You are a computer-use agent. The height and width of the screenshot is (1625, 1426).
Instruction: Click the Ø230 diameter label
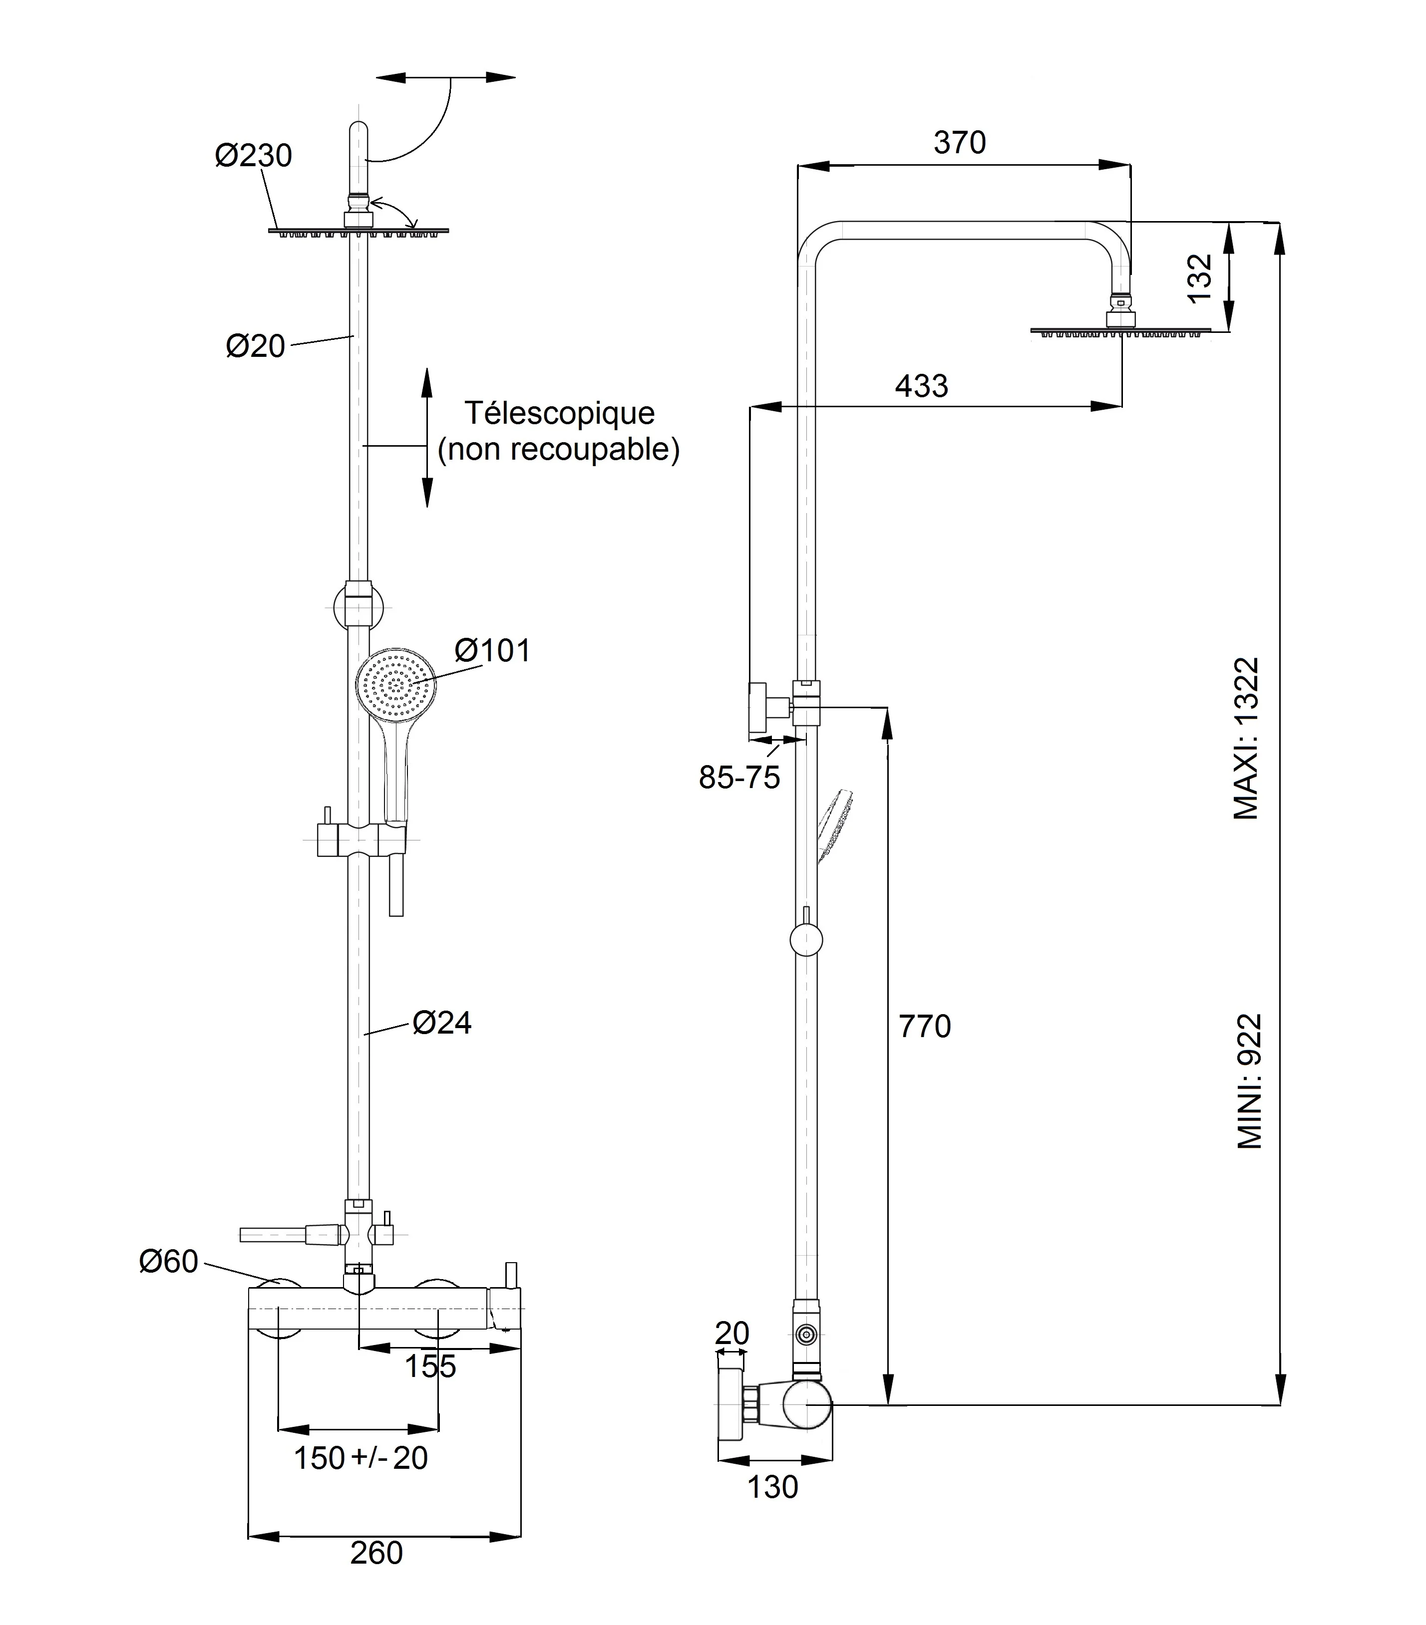(x=253, y=155)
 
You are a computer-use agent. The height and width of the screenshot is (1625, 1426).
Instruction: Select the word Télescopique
(x=559, y=413)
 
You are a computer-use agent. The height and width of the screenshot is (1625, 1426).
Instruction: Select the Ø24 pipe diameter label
(x=442, y=1023)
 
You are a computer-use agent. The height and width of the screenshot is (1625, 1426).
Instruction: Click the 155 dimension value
(x=430, y=1366)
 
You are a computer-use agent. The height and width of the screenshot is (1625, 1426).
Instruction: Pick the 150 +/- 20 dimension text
(x=361, y=1457)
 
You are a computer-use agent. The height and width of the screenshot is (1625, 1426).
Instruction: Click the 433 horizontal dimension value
(x=921, y=386)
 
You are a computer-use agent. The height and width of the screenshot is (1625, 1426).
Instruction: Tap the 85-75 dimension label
(x=739, y=777)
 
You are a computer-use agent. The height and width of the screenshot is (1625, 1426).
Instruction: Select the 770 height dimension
(x=924, y=1027)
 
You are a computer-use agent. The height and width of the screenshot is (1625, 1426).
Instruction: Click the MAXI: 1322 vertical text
(x=1246, y=738)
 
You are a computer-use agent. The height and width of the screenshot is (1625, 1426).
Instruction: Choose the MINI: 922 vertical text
(x=1249, y=1081)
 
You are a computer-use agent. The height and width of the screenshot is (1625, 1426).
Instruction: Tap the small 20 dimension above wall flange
(x=731, y=1333)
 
